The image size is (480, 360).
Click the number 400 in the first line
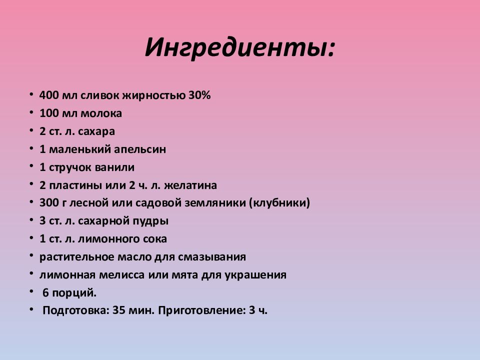(x=49, y=95)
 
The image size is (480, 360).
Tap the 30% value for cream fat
(x=199, y=95)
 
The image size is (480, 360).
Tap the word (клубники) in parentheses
(x=279, y=203)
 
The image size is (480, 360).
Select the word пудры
(x=150, y=221)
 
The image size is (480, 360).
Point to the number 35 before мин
(x=118, y=310)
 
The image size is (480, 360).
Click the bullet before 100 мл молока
(x=31, y=113)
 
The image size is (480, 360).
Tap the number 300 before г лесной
(x=49, y=203)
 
